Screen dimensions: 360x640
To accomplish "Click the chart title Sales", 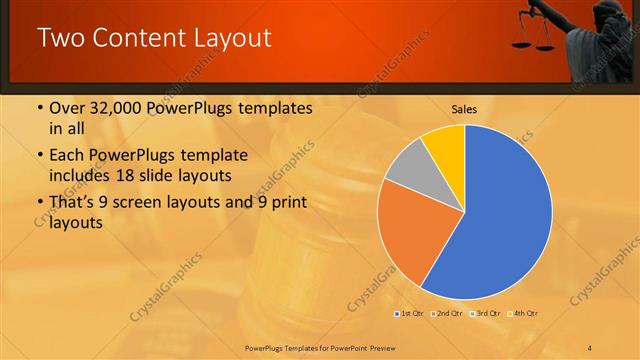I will pyautogui.click(x=463, y=108).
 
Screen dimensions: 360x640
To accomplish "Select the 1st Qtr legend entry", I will pyautogui.click(x=411, y=314).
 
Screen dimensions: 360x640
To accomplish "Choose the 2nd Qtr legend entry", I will pyautogui.click(x=446, y=314).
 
